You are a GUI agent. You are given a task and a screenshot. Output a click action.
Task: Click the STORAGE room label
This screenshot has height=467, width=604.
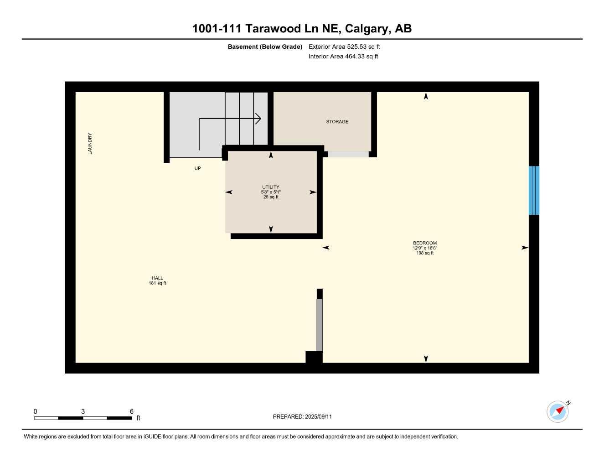[337, 122]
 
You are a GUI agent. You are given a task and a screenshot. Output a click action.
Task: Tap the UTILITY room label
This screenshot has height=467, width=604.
[270, 187]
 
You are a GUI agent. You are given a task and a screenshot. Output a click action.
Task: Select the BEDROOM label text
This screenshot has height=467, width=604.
[425, 243]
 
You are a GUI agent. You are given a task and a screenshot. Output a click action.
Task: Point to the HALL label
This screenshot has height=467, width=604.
[157, 278]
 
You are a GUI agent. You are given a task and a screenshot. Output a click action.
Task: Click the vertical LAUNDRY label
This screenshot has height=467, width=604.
[90, 144]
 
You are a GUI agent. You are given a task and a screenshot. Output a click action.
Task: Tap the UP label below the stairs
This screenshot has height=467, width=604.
[197, 168]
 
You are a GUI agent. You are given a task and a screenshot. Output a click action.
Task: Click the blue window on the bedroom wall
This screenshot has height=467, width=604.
[534, 190]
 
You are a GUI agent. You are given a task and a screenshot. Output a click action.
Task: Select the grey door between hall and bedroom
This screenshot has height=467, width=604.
[320, 325]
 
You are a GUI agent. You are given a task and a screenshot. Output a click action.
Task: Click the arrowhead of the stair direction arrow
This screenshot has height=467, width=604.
[258, 119]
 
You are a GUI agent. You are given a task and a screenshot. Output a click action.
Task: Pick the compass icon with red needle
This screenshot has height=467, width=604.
[558, 411]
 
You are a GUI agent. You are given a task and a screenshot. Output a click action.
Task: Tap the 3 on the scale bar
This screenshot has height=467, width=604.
[83, 411]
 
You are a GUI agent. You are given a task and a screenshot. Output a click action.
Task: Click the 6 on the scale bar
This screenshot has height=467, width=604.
[132, 411]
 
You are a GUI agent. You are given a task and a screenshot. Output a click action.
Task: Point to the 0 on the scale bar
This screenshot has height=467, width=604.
[35, 411]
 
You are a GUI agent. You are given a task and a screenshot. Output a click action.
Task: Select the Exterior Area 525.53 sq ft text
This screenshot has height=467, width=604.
[344, 47]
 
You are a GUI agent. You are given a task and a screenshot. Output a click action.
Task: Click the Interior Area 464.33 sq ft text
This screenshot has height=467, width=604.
[343, 57]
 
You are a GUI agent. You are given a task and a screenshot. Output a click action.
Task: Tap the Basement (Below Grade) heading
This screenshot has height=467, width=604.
[265, 47]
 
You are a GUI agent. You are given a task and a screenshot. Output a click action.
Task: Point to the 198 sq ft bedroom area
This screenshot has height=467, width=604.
[425, 253]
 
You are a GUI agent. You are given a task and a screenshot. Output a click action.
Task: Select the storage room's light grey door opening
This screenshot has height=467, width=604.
[348, 154]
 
